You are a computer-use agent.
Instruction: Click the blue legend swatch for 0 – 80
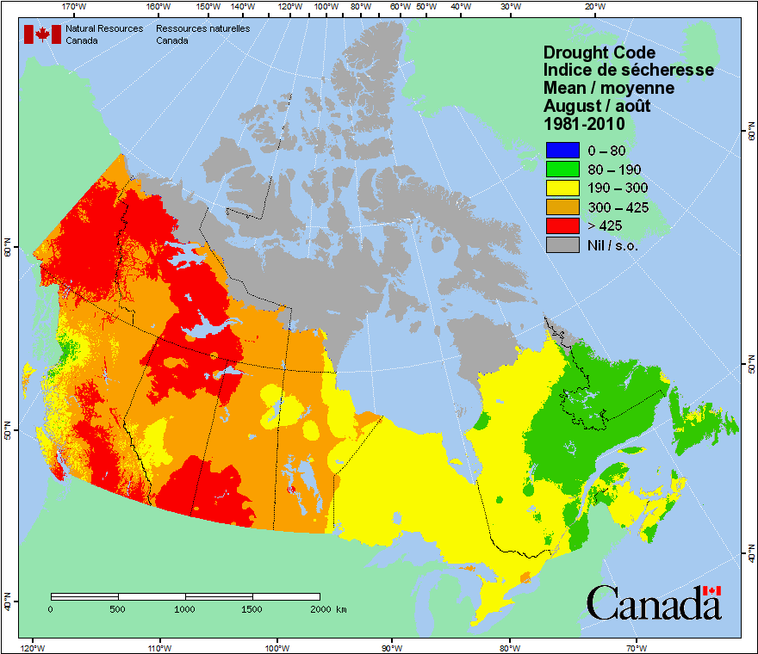pos(561,150)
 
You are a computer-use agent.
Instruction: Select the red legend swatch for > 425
pos(561,225)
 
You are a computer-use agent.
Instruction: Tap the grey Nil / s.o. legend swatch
pos(561,244)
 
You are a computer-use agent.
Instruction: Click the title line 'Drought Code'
pos(599,52)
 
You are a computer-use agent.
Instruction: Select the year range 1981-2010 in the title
pos(583,124)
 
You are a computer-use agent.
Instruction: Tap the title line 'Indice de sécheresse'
pos(628,71)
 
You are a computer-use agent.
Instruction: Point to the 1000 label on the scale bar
pos(184,609)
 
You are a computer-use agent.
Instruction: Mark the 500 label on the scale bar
pos(118,609)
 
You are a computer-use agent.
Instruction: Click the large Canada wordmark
pos(654,602)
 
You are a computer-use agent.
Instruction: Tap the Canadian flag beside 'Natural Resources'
pos(42,34)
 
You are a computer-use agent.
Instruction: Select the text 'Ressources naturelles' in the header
pos(202,28)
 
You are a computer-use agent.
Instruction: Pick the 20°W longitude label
pos(593,7)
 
